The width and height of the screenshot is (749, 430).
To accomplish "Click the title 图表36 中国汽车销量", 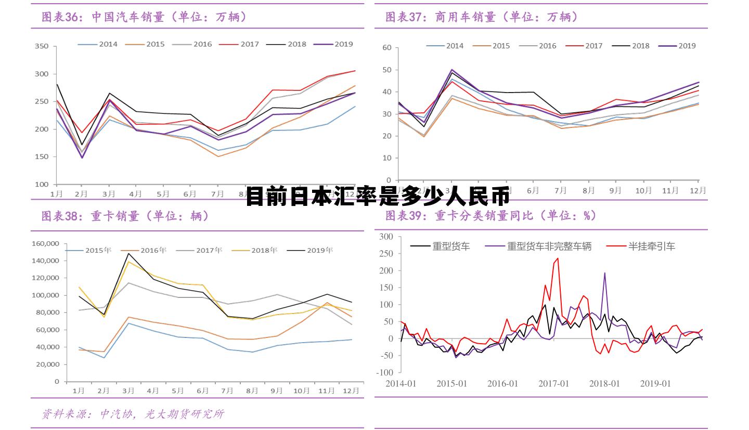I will (x=144, y=17).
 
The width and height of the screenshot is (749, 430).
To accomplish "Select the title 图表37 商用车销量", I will (x=482, y=17).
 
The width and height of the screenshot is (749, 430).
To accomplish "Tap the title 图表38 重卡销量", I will (x=125, y=216).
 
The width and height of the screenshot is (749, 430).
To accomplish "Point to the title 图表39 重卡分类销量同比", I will (x=490, y=215).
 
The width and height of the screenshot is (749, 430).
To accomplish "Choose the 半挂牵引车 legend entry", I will (x=651, y=246).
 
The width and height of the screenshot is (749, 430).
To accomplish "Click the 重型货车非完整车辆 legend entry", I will (x=549, y=246).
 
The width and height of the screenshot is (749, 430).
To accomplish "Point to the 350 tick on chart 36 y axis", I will (x=43, y=46).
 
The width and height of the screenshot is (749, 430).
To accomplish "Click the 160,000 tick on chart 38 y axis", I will (x=46, y=243).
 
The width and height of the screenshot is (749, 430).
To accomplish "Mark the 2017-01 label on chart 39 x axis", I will (x=553, y=384).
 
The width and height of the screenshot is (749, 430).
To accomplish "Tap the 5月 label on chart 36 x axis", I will (x=163, y=194).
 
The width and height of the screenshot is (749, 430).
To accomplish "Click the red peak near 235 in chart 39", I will (x=558, y=258).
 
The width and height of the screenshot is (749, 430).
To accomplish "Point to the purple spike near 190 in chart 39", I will (x=604, y=273).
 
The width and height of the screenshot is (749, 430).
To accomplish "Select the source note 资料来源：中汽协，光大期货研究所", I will (x=133, y=414).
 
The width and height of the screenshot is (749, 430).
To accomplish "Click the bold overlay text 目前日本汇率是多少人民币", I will (x=378, y=197).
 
